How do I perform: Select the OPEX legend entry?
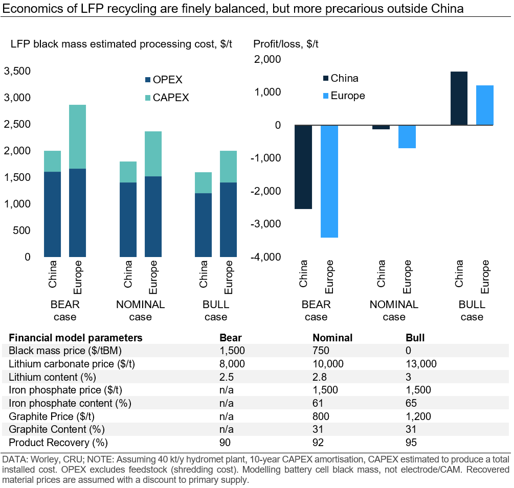tap(164, 80)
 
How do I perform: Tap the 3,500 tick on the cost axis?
tap(17, 71)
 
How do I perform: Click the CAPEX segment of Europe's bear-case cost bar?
tap(77, 136)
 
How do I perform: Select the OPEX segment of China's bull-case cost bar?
tap(203, 225)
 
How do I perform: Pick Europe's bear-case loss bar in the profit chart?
tap(329, 181)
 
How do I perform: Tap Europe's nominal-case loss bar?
tap(407, 136)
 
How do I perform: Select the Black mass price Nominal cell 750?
tap(321, 351)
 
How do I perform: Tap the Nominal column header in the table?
tap(332, 338)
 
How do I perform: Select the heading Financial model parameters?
tap(76, 338)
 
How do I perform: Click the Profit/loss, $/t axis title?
tap(286, 44)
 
